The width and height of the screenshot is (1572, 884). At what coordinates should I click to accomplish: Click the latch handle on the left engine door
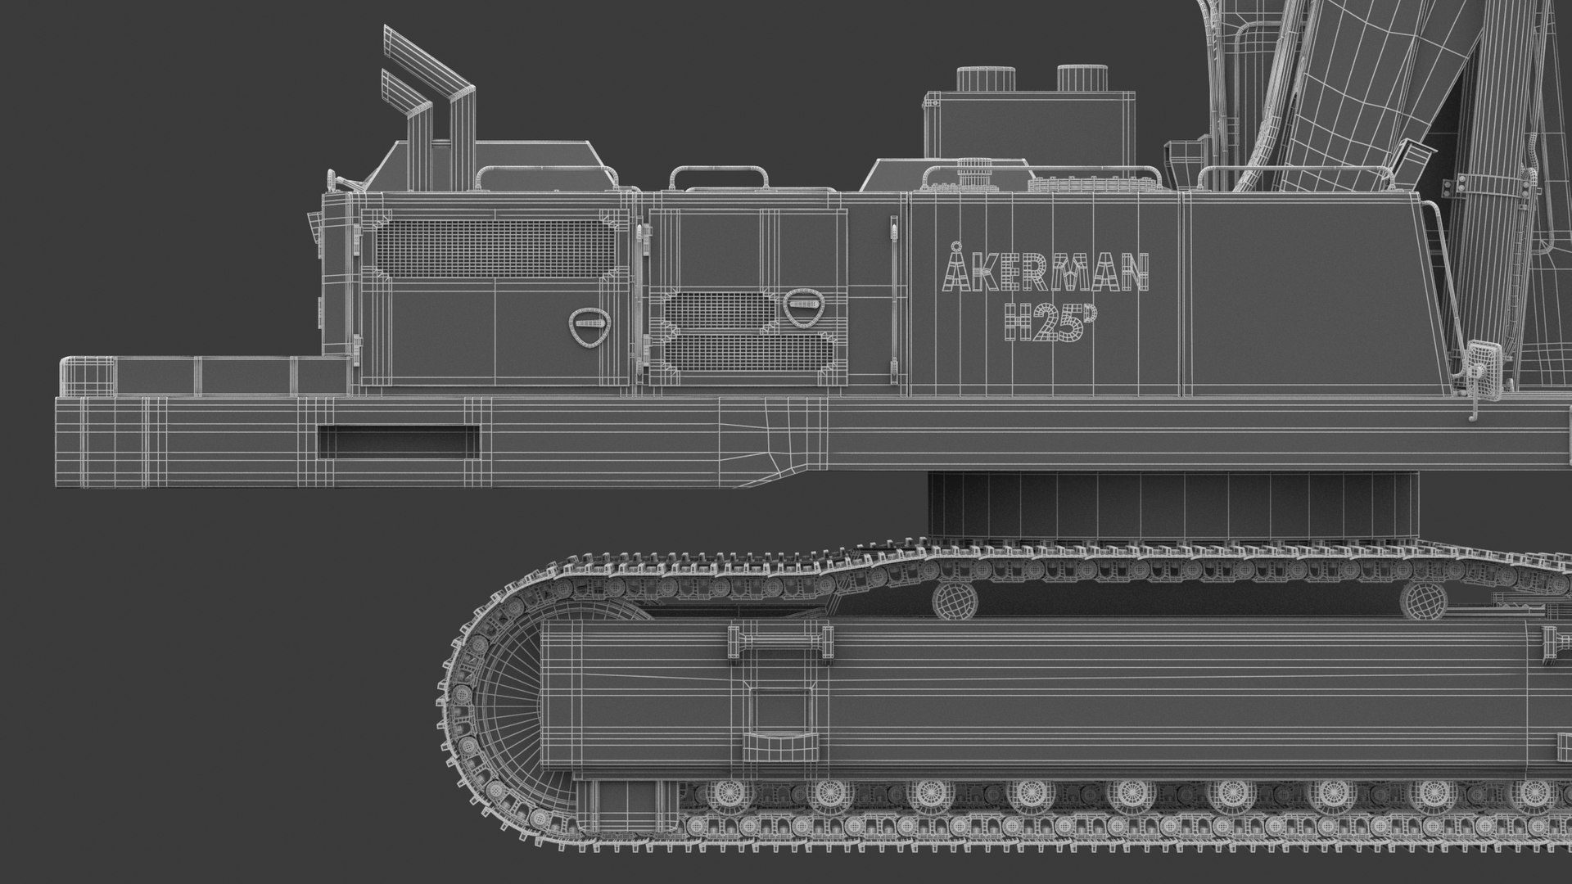pos(589,324)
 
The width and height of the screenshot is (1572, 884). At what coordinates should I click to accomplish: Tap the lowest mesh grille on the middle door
pos(747,350)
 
